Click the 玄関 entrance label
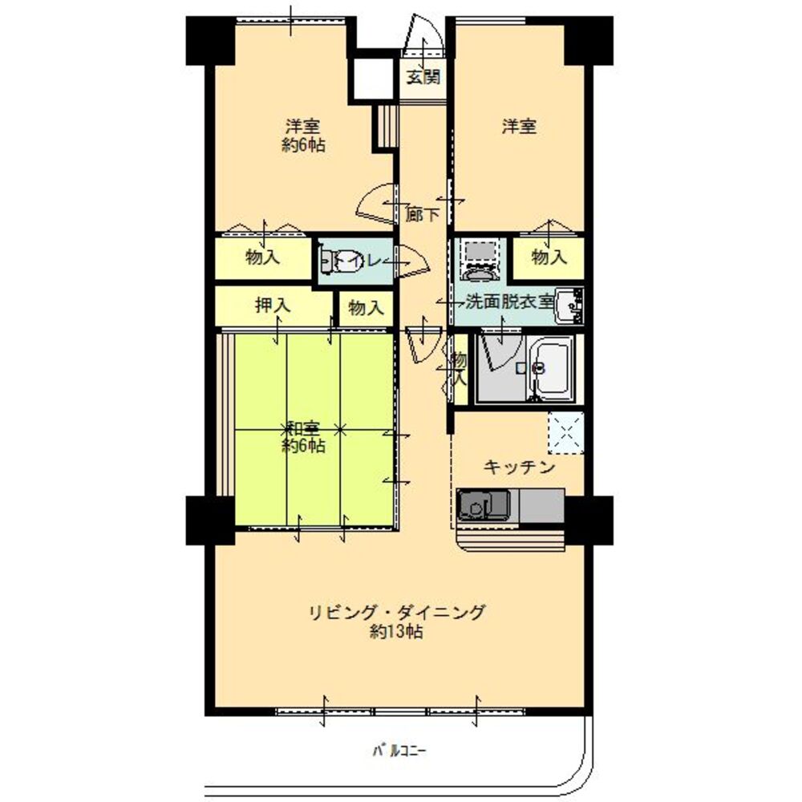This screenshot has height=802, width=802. click(x=422, y=78)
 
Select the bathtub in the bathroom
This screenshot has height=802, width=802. click(x=553, y=367)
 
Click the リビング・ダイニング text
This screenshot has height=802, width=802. click(x=398, y=614)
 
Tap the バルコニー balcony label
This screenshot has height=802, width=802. click(x=399, y=751)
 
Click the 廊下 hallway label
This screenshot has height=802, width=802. click(x=422, y=214)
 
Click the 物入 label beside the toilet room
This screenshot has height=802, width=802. click(x=366, y=307)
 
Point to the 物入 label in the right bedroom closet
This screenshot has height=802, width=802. click(x=549, y=257)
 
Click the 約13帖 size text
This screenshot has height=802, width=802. click(x=398, y=632)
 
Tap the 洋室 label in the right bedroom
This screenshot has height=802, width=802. click(x=519, y=127)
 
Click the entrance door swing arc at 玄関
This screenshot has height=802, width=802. click(x=423, y=38)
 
